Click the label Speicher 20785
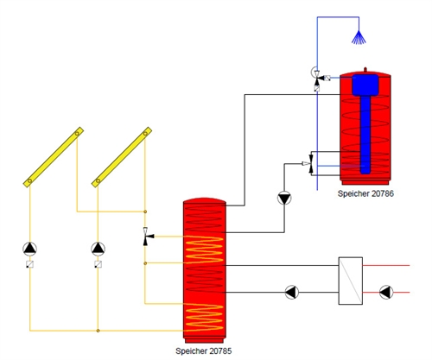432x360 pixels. coord(204,351)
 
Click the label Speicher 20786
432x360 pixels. coord(365,193)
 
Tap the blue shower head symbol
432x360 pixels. coord(359,38)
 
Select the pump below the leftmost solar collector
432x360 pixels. coord(30,249)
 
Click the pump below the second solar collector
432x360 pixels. coord(98,249)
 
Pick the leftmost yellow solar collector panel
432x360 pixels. coord(54,157)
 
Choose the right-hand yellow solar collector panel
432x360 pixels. coord(122,157)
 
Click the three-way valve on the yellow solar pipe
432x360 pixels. coord(147,237)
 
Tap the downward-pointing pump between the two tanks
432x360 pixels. coord(284,199)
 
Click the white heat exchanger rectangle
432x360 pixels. coord(351,281)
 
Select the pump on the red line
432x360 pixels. coord(386,293)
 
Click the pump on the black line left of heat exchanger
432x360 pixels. coord(292,293)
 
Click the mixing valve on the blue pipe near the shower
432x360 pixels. coord(317,78)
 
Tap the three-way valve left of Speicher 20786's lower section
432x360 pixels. coord(309,164)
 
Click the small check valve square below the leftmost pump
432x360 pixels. coord(30,264)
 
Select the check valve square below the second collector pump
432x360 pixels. coord(98,264)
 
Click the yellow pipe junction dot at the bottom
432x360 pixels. coord(98,331)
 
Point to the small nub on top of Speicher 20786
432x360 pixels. coord(365,69)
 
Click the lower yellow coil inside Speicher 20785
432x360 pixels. coord(204,317)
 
